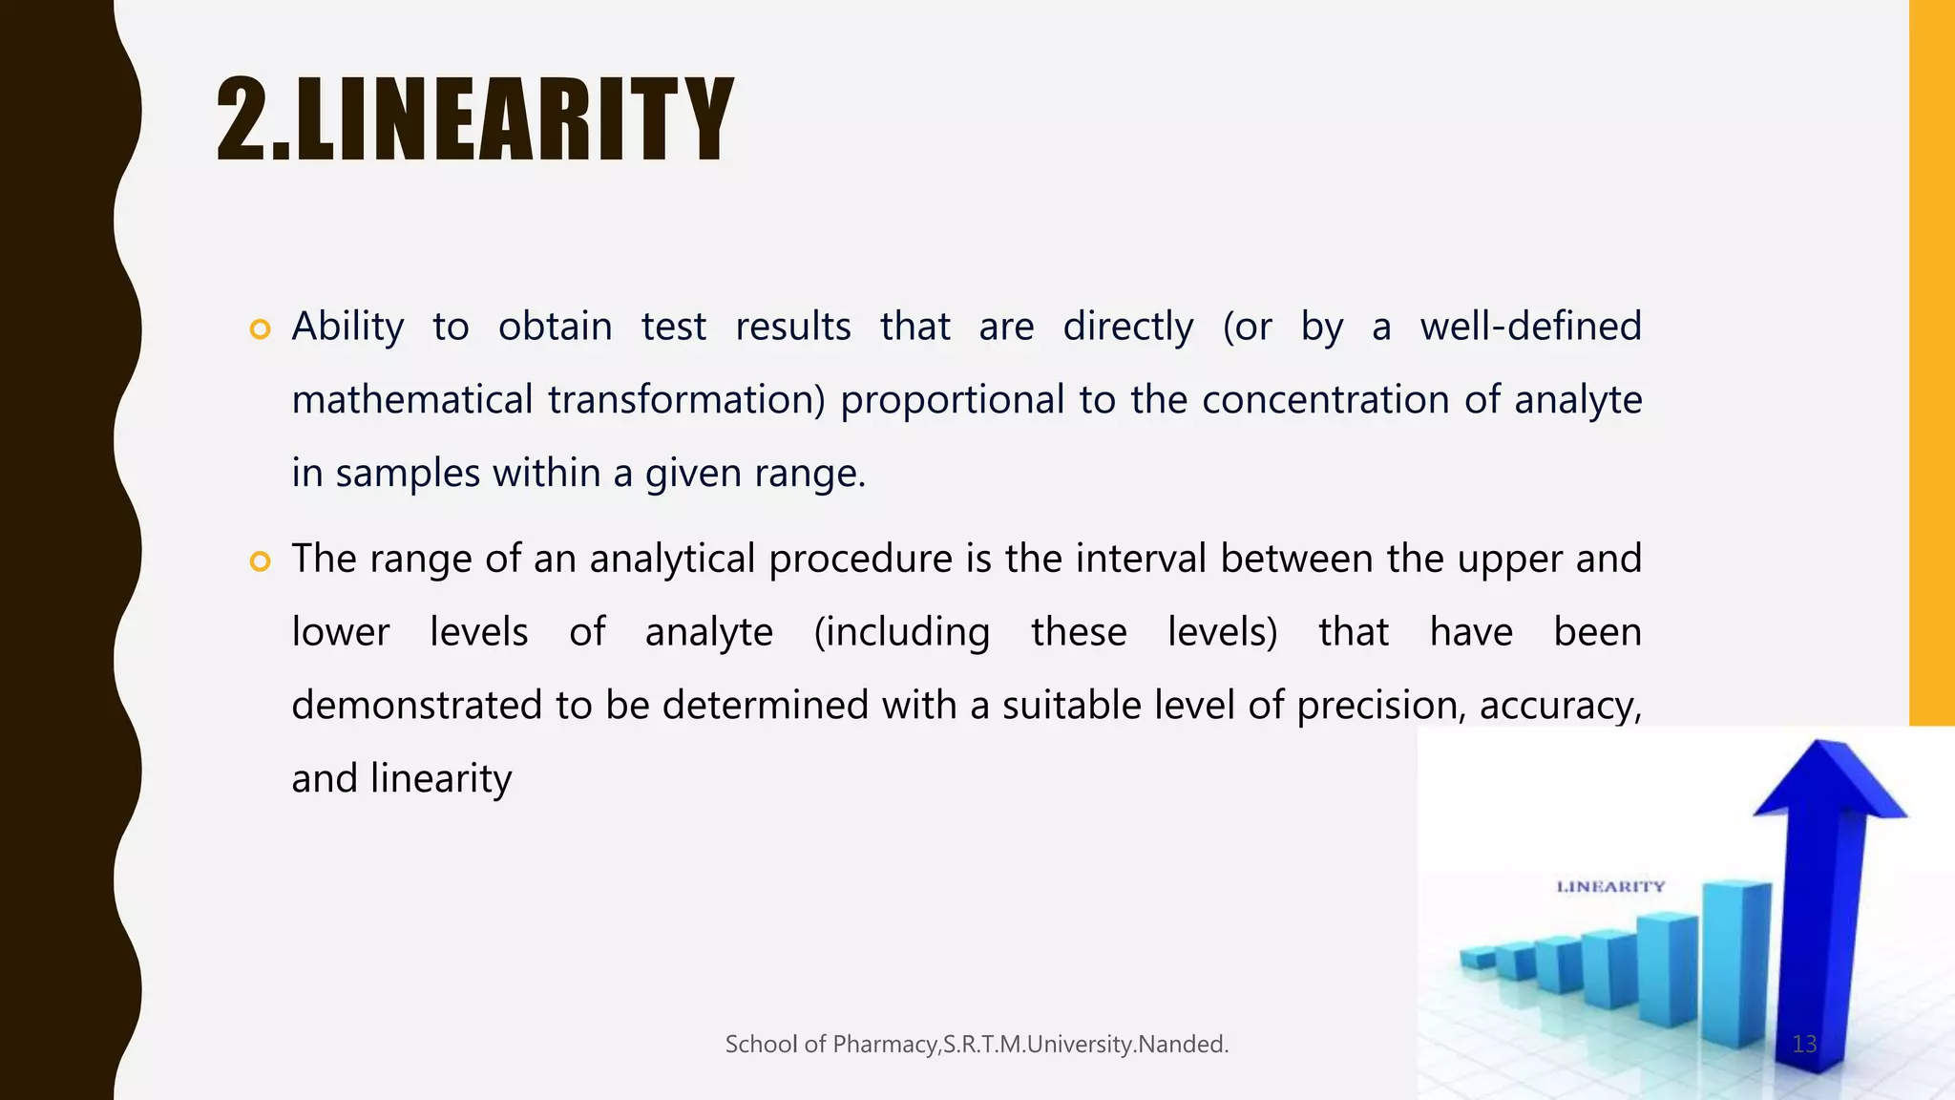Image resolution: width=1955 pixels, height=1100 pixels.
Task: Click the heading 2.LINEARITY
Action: pyautogui.click(x=474, y=121)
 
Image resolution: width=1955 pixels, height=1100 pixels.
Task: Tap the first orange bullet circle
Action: pyautogui.click(x=260, y=329)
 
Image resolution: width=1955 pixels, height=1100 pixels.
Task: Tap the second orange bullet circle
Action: pyautogui.click(x=260, y=561)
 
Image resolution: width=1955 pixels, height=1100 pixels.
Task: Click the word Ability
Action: pyautogui.click(x=347, y=328)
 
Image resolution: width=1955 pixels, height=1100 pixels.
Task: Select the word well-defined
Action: pyautogui.click(x=1530, y=327)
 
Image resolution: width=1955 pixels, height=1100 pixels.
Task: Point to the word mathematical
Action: pyautogui.click(x=411, y=400)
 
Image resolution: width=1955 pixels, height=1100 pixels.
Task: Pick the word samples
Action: pyautogui.click(x=408, y=474)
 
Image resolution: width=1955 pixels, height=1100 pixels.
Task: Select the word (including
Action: pyautogui.click(x=902, y=632)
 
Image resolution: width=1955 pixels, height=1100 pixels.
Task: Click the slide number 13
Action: pyautogui.click(x=1804, y=1044)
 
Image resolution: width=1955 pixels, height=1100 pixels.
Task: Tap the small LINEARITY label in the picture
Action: pyautogui.click(x=1610, y=887)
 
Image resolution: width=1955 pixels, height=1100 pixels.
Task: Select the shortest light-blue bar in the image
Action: pyautogui.click(x=1478, y=958)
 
